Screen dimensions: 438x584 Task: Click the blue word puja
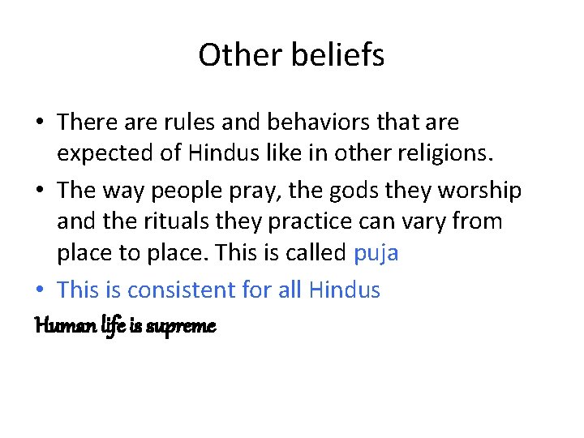(x=376, y=253)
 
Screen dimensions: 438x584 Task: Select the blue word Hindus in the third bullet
(x=344, y=290)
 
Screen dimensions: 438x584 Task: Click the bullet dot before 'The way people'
(x=40, y=191)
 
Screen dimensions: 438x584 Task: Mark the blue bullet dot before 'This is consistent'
(x=40, y=290)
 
